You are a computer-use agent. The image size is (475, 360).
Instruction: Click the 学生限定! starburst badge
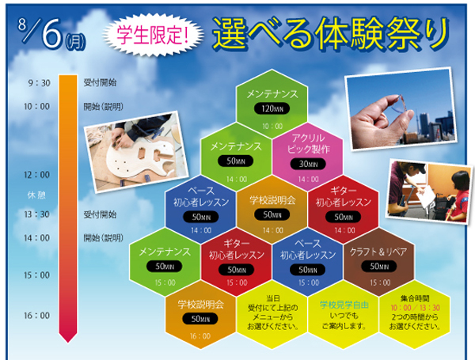(x=154, y=36)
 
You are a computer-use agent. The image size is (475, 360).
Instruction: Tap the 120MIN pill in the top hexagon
(x=272, y=108)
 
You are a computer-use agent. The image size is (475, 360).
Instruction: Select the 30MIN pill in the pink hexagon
(x=308, y=164)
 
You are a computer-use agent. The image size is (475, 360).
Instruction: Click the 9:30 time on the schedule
(x=39, y=83)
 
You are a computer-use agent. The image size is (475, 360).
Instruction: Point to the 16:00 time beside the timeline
(x=36, y=316)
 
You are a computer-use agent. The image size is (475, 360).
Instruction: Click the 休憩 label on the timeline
(x=36, y=195)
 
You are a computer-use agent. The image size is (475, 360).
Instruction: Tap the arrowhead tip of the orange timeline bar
(x=68, y=342)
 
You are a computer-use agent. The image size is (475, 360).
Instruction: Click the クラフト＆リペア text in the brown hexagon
(x=378, y=252)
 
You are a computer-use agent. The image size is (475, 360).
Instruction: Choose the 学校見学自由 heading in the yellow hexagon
(x=344, y=305)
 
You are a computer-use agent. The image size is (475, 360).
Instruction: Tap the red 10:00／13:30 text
(x=415, y=308)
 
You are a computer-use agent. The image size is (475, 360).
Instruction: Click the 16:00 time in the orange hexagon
(x=200, y=336)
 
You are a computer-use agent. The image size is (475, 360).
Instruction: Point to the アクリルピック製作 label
(x=309, y=143)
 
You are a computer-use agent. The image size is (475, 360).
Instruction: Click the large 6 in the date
(x=51, y=33)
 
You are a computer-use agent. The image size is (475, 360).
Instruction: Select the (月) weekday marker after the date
(x=75, y=42)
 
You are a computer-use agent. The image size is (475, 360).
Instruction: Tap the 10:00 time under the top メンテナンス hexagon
(x=272, y=126)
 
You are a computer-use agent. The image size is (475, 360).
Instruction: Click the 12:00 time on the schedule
(x=36, y=175)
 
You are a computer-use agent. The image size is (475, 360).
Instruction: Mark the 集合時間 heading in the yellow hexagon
(x=415, y=299)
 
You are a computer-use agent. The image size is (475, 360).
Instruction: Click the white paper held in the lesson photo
(x=427, y=196)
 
